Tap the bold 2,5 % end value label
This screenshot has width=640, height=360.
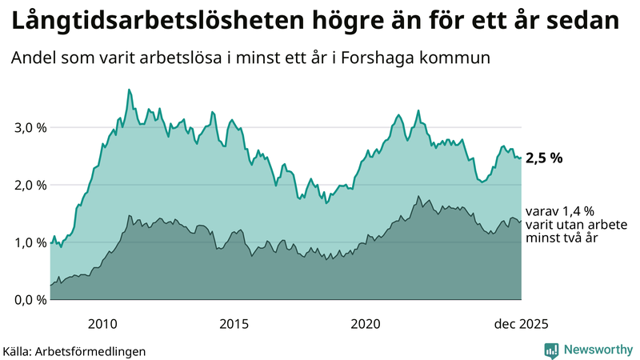(x=544, y=158)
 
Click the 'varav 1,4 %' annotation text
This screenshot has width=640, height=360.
(x=560, y=211)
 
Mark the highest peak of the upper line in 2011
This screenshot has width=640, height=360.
(x=129, y=90)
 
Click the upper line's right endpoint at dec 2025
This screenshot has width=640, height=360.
(x=521, y=158)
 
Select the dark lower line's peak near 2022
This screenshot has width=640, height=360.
(x=418, y=196)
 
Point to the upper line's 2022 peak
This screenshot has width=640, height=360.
(x=418, y=110)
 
